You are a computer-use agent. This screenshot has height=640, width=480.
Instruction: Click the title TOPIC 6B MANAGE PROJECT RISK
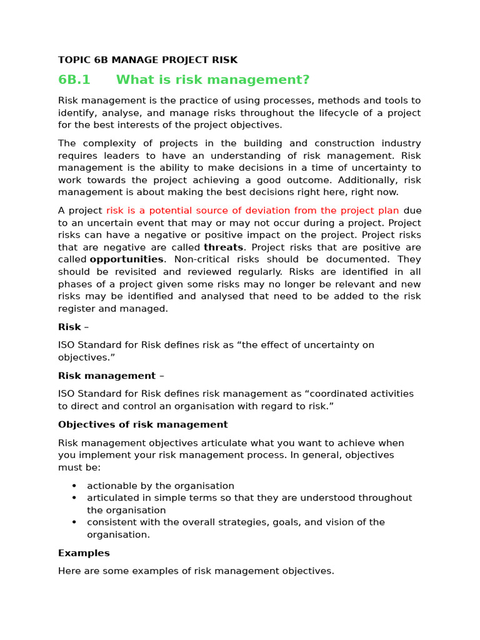(147, 60)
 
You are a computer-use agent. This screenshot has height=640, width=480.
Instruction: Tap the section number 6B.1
(74, 80)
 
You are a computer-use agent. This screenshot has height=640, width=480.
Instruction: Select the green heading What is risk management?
(212, 80)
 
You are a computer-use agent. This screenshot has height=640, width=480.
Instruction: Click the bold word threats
(223, 247)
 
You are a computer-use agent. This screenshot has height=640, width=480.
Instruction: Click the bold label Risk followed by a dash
(69, 327)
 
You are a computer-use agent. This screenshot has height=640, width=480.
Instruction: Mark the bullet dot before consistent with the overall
(74, 522)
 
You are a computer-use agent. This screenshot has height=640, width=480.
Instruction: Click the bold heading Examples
(84, 553)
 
